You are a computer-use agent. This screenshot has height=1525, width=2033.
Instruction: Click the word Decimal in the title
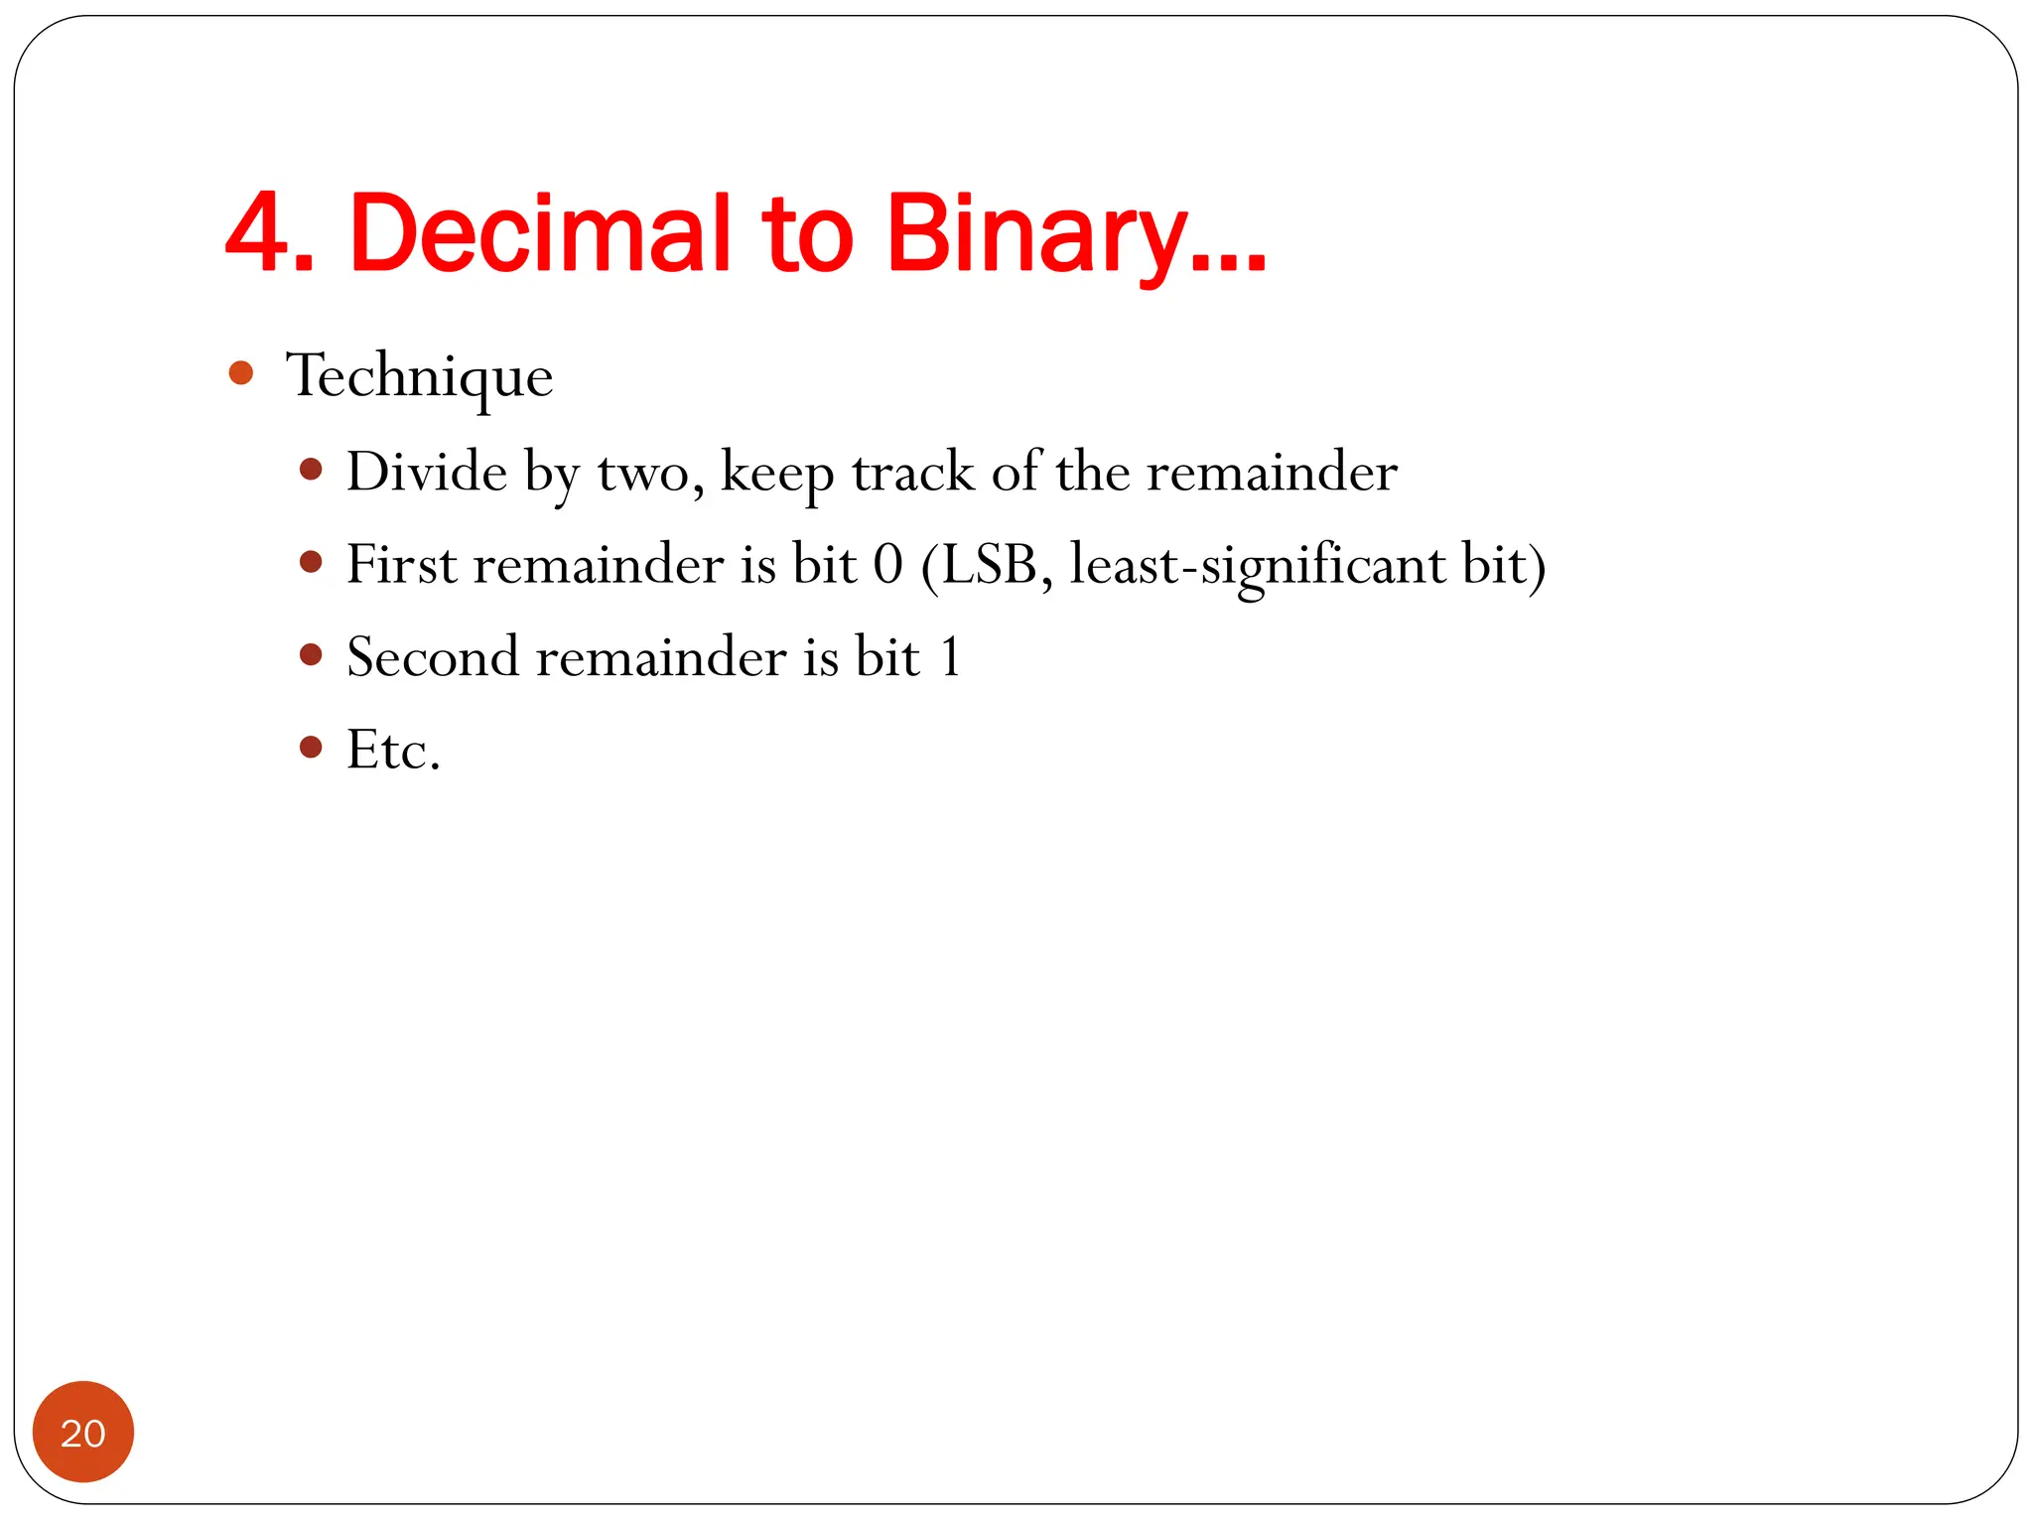pos(539,233)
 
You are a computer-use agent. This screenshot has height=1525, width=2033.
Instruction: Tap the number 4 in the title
pos(258,233)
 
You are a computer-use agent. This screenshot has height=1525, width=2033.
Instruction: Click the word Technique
pos(419,376)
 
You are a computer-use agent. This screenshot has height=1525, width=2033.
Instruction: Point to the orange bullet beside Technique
pos(240,373)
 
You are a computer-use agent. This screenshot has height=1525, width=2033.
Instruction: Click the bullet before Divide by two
pos(311,469)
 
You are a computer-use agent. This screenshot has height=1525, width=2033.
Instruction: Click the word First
pos(401,564)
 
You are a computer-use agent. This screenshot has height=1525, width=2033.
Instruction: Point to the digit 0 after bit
pos(887,564)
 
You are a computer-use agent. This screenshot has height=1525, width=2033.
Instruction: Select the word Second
pos(433,656)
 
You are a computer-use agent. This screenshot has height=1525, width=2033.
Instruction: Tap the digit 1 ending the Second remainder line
pos(950,656)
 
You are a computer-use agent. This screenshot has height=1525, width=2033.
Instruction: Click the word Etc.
pos(393,749)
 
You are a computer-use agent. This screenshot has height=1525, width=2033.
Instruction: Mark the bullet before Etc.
pos(311,747)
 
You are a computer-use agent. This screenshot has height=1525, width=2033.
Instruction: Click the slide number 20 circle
pos(83,1432)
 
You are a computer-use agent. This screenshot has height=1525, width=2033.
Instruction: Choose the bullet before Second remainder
pos(311,654)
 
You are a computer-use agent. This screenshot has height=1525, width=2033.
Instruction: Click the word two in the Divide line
pos(643,473)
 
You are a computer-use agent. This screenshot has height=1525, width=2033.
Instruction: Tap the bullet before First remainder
pos(311,562)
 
